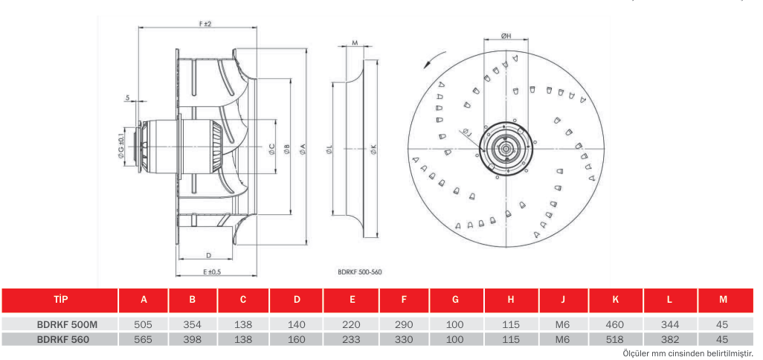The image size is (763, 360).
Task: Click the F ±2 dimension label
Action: click(205, 23)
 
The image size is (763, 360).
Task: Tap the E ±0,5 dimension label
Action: click(212, 271)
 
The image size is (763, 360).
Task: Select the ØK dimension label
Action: click(373, 151)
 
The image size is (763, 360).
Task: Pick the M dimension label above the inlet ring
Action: click(355, 43)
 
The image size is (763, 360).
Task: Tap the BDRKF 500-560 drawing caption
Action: click(360, 272)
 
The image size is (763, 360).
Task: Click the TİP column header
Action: click(60, 300)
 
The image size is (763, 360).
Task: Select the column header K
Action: click(616, 300)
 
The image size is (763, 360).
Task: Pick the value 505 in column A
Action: click(144, 324)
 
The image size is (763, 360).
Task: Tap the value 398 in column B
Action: click(193, 340)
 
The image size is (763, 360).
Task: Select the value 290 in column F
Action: click(404, 324)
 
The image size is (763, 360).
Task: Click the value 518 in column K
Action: click(616, 340)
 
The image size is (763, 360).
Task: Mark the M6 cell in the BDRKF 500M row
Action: click(563, 324)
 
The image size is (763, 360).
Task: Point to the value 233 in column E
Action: click(352, 340)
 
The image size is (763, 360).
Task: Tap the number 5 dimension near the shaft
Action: click(127, 97)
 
